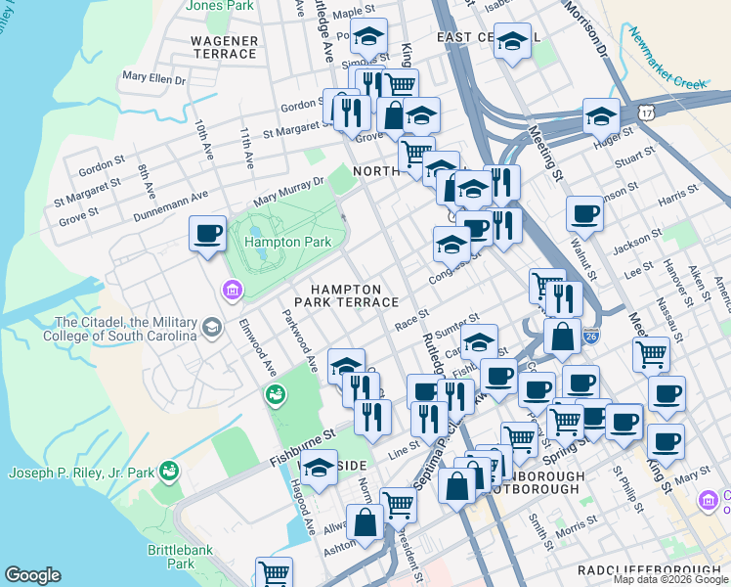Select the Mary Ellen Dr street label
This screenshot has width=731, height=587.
tap(154, 76)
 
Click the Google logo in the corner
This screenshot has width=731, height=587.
tap(32, 575)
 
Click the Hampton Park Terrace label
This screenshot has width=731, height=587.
tap(355, 296)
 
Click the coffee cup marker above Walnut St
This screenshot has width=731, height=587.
tap(584, 213)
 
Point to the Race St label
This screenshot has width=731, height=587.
tap(411, 319)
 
